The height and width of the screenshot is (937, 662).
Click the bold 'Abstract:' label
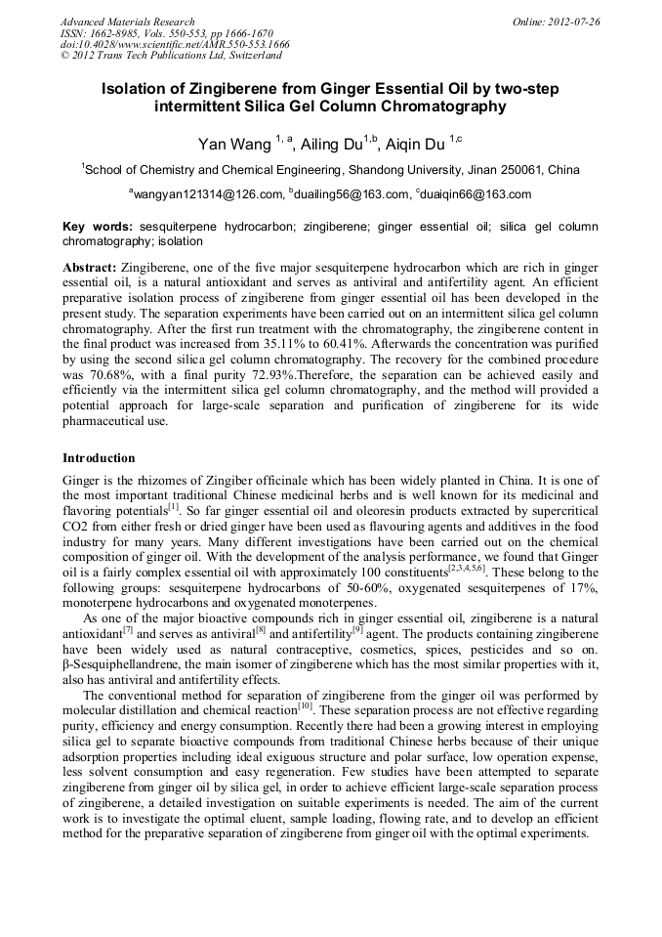click(x=89, y=267)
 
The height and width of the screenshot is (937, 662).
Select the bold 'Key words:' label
click(x=98, y=226)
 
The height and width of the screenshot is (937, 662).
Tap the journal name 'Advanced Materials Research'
click(x=128, y=21)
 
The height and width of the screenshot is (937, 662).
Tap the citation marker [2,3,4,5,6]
click(x=469, y=567)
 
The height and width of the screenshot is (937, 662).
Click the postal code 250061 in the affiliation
click(x=514, y=170)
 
